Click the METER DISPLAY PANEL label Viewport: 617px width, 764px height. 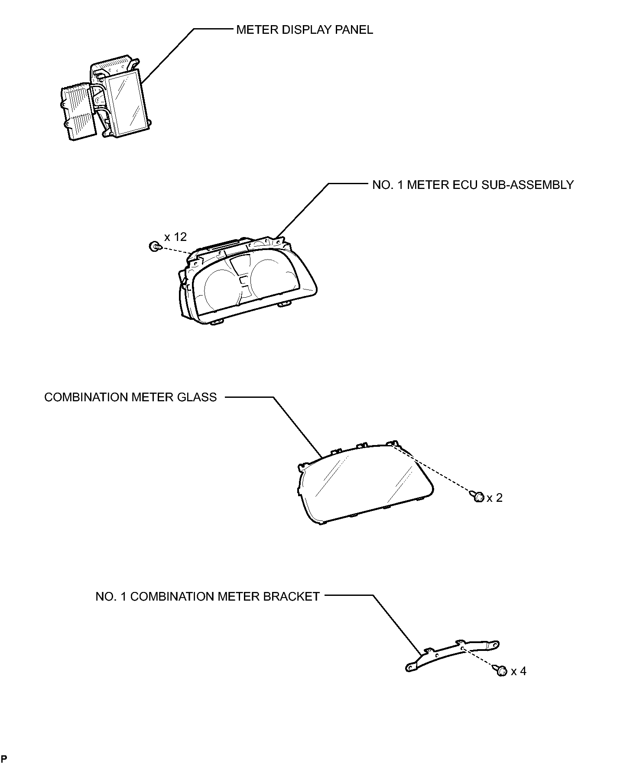pyautogui.click(x=304, y=30)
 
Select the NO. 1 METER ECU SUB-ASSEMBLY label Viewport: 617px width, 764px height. pyautogui.click(x=473, y=185)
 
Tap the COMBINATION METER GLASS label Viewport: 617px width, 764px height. pyautogui.click(x=130, y=397)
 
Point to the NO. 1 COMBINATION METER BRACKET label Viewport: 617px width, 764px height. pyautogui.click(x=208, y=597)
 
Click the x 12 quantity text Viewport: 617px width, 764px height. pyautogui.click(x=175, y=237)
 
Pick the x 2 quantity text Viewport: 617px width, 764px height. pyautogui.click(x=494, y=498)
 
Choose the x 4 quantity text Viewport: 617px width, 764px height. pyautogui.click(x=519, y=671)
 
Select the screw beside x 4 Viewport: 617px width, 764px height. pyautogui.click(x=501, y=671)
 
